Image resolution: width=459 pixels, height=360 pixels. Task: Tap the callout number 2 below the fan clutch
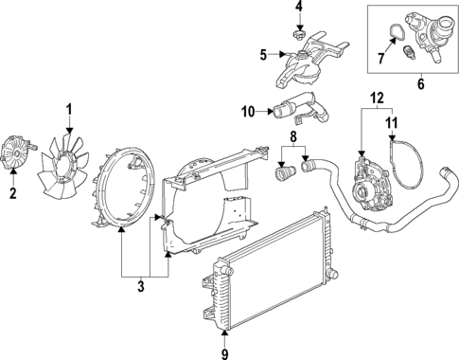tap(13, 194)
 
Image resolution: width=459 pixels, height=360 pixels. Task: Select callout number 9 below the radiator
tap(223, 353)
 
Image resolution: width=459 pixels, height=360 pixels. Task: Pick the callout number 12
tap(377, 98)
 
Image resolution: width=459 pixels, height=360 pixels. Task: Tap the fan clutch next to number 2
tap(17, 154)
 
